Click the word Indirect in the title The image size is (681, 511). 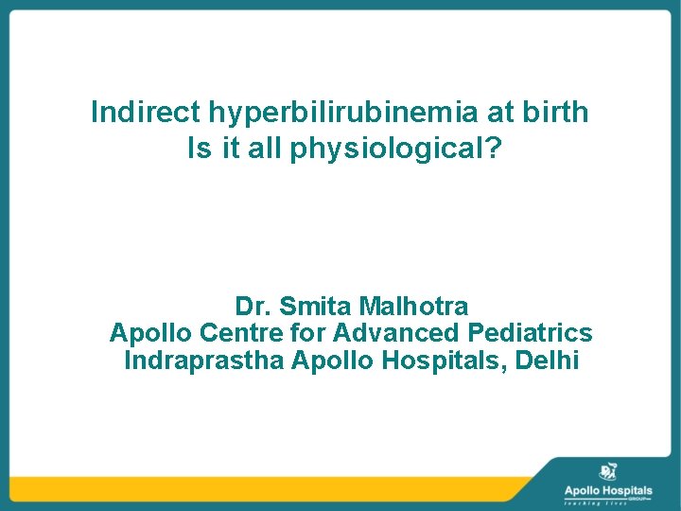[x=132, y=113]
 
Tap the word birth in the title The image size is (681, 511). [x=558, y=113]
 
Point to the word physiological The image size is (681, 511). [x=397, y=150]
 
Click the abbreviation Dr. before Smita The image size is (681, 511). [x=250, y=307]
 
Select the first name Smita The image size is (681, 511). [x=306, y=307]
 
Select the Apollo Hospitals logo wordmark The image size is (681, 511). [x=607, y=490]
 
